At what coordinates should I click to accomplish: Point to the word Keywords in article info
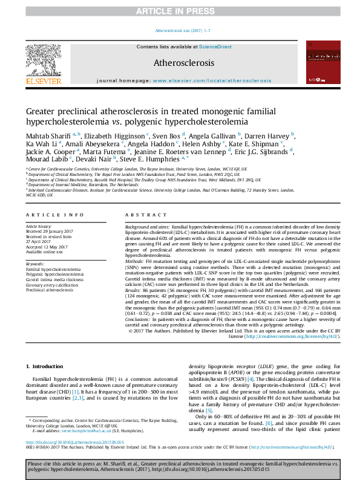point(36,264)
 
